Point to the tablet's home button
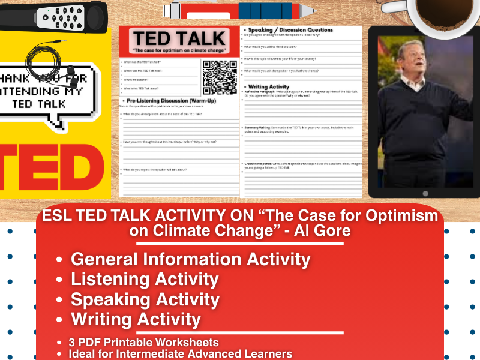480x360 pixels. coord(425,193)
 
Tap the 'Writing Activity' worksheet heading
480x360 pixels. coord(268,86)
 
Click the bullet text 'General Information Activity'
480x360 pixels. coord(190,259)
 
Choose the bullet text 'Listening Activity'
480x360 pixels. coord(144,279)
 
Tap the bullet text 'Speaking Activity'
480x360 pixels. coord(145,299)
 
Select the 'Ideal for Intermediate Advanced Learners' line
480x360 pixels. coord(180,353)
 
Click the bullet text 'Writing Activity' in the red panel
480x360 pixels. coord(136,319)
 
